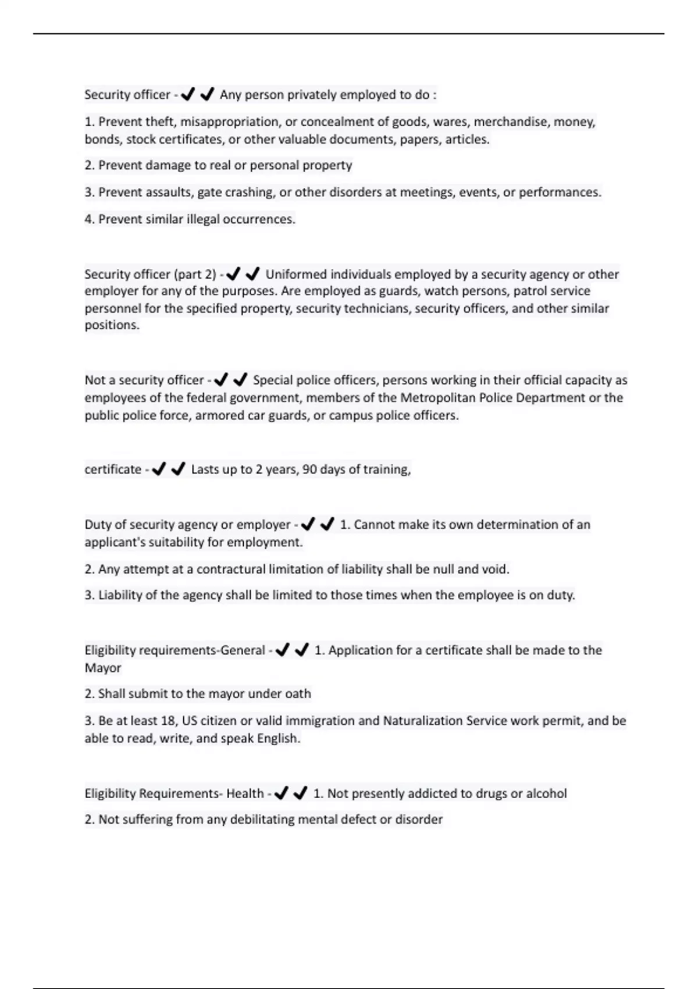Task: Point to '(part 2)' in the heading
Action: [195, 274]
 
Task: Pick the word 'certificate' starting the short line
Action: [113, 469]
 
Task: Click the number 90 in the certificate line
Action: [309, 469]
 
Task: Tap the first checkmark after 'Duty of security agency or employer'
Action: [308, 525]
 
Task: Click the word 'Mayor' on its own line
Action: [103, 668]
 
